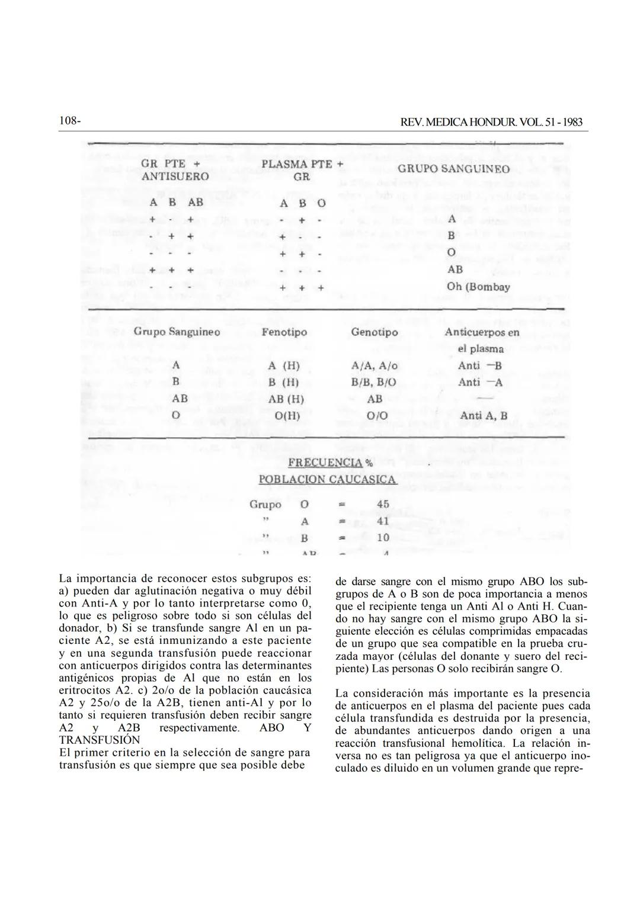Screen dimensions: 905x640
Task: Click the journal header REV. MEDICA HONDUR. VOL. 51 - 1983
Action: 491,122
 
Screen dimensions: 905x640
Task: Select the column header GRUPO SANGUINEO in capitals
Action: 453,169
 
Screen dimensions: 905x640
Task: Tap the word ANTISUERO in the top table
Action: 175,176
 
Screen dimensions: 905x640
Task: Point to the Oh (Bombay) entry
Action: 478,287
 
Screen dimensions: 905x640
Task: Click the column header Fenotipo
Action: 284,332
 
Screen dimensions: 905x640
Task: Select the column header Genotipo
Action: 375,332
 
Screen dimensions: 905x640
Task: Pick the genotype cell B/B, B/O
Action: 375,383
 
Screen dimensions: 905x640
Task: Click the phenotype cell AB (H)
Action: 286,399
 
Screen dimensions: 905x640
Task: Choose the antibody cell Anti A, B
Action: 483,416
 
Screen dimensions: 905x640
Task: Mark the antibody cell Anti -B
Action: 479,366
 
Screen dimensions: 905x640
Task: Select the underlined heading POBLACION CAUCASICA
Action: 327,479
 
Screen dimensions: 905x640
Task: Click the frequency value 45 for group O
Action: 383,505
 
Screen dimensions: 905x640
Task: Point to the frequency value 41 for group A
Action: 383,521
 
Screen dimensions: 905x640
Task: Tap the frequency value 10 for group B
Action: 383,538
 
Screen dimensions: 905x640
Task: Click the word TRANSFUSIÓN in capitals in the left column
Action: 100,740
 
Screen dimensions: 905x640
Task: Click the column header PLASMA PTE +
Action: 303,163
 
